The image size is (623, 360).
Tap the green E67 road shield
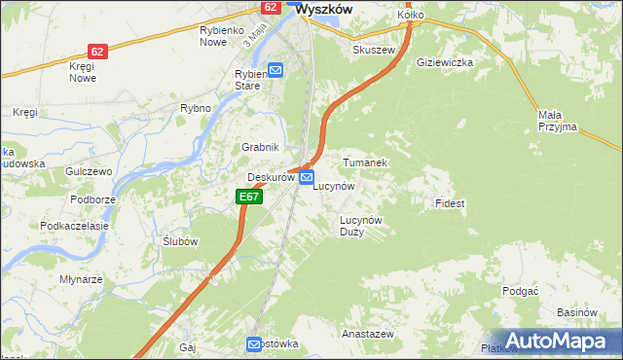point(249,197)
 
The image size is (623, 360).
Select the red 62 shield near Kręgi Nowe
point(96,51)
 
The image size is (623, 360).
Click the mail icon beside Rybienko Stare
point(275,70)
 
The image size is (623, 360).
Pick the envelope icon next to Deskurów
point(307,178)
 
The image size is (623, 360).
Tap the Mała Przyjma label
point(557,120)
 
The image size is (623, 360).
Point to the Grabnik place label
point(261,147)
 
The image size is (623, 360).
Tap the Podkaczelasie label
point(73,225)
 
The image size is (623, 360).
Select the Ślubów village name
point(180,241)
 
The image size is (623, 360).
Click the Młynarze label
point(81,278)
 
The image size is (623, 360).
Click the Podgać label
point(520,291)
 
